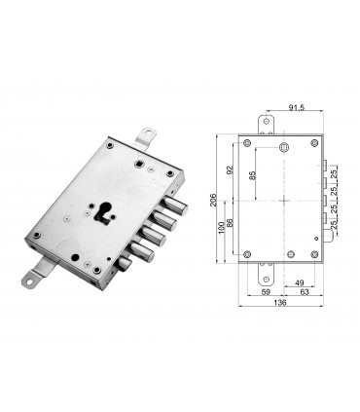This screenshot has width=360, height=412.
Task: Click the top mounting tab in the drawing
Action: [264, 122]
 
